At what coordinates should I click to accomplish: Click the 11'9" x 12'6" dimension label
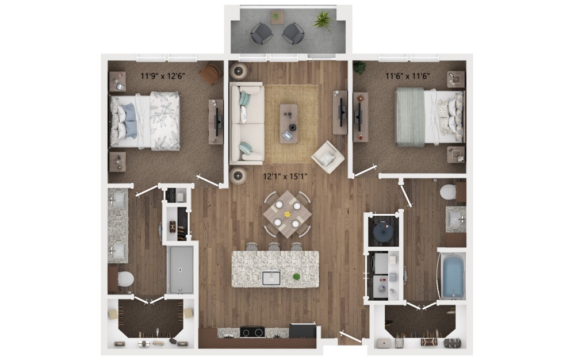click(x=163, y=75)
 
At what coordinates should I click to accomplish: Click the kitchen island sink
click(x=271, y=278)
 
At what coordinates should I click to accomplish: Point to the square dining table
click(x=287, y=214)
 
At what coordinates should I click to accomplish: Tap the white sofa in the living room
click(x=246, y=123)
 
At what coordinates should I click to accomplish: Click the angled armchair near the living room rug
click(x=327, y=156)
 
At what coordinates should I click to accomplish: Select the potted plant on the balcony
click(x=322, y=21)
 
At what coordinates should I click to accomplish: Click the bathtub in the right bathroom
click(x=452, y=276)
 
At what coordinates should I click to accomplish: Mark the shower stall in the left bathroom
click(x=180, y=269)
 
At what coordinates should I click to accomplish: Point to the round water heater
click(x=382, y=231)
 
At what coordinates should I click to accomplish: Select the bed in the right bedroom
click(x=428, y=117)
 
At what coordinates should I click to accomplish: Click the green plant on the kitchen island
click(x=296, y=277)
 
